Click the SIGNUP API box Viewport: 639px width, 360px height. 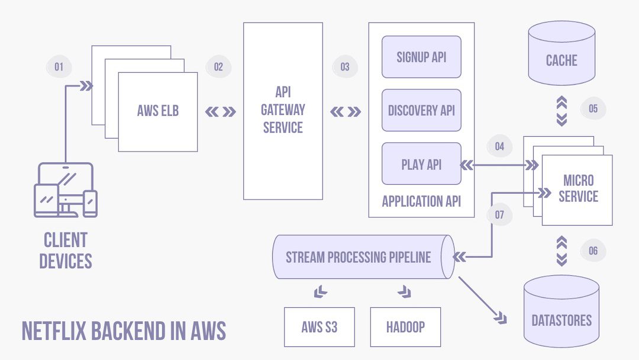click(421, 57)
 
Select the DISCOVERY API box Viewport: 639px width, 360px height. click(421, 110)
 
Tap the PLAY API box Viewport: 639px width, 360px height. click(421, 164)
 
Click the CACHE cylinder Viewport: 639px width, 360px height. click(561, 60)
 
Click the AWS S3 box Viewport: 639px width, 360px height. click(319, 327)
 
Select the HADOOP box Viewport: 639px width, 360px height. click(405, 327)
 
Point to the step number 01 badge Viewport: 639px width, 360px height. click(59, 67)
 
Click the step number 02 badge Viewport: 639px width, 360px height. click(218, 67)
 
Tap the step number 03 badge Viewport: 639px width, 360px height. click(345, 67)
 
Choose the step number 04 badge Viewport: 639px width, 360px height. click(499, 146)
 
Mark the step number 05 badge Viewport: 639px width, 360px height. click(593, 109)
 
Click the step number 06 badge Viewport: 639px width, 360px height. click(593, 250)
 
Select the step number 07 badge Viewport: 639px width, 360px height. click(499, 215)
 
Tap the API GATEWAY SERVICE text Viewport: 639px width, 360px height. click(283, 110)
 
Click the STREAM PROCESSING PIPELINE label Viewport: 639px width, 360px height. click(359, 257)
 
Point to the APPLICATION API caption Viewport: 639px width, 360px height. click(421, 201)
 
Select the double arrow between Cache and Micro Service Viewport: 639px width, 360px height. click(561, 111)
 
